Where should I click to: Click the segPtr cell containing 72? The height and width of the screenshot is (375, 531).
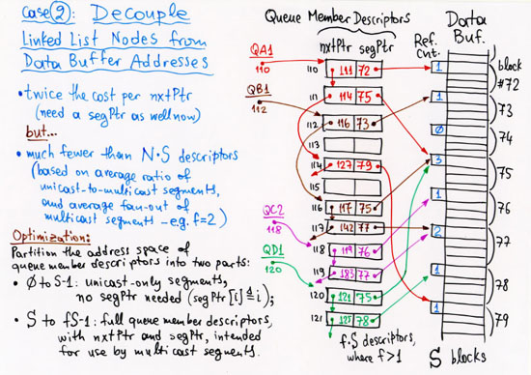365,72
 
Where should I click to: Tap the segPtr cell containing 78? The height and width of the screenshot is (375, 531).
365,319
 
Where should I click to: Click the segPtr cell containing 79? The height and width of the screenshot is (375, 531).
365,164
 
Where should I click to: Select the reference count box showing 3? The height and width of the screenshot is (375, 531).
439,160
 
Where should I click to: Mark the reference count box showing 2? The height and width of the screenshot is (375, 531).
439,232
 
